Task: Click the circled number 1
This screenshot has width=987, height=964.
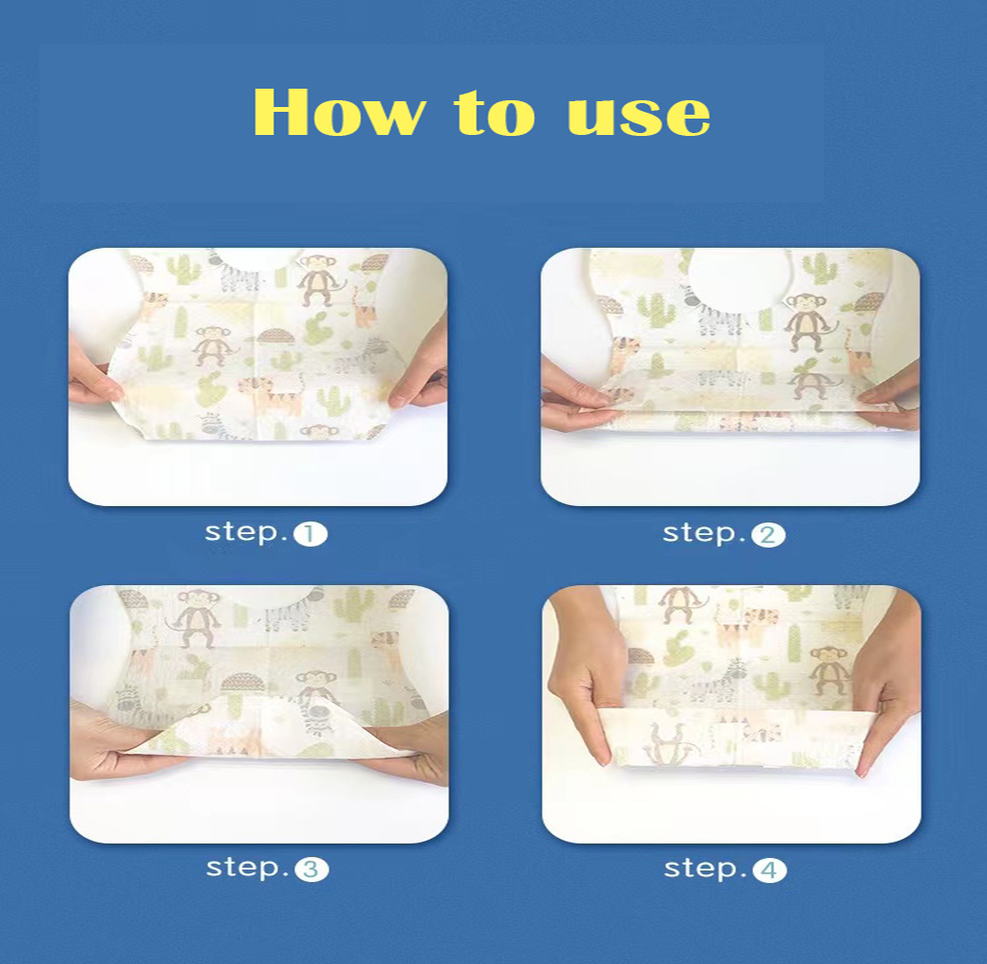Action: pyautogui.click(x=309, y=535)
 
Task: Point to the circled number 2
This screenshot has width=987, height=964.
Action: pyautogui.click(x=768, y=535)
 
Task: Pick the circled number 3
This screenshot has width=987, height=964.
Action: pyautogui.click(x=311, y=870)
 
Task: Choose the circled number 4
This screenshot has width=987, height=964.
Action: pyautogui.click(x=769, y=870)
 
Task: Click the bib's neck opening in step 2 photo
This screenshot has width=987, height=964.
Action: pyautogui.click(x=737, y=277)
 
